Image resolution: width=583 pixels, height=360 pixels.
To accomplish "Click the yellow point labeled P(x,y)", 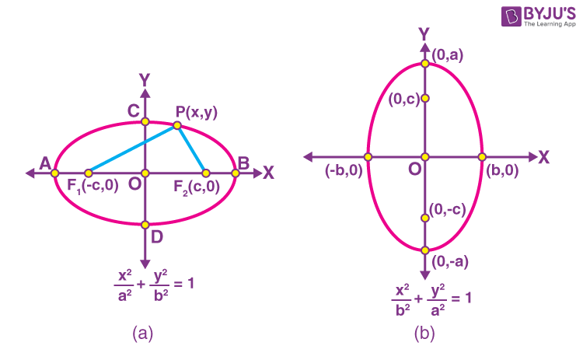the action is (x=177, y=125).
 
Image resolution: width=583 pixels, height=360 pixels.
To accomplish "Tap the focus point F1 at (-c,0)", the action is (x=89, y=173).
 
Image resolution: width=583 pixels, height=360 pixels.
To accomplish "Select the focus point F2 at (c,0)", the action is (x=206, y=173).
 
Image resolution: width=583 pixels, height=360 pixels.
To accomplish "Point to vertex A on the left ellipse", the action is (x=55, y=173).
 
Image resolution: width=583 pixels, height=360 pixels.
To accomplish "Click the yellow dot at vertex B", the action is (x=235, y=173).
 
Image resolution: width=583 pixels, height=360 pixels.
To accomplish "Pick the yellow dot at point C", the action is (x=145, y=121).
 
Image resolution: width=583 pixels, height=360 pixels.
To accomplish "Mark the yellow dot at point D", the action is (x=145, y=225).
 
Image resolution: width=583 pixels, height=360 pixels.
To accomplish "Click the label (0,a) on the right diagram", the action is (x=447, y=55).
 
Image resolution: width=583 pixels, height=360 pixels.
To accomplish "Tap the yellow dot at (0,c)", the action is (x=425, y=98).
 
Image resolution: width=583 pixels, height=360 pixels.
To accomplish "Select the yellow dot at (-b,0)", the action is (x=368, y=157).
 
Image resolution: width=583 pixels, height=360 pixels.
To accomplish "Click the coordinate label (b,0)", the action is (x=502, y=170).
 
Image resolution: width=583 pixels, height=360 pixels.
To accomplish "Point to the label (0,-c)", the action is (x=447, y=209).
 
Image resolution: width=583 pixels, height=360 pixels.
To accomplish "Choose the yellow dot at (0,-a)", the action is (x=425, y=250).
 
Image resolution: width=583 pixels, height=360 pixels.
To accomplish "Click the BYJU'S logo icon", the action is (x=511, y=16).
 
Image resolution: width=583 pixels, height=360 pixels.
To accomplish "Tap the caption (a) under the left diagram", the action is (x=143, y=334).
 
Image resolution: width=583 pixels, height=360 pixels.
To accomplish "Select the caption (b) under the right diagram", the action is (x=424, y=334).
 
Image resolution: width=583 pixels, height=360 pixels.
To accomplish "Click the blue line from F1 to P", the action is (x=133, y=149).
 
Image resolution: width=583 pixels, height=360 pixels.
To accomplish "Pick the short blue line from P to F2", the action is (x=191, y=149).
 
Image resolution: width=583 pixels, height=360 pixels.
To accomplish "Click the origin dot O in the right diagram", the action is (x=425, y=157).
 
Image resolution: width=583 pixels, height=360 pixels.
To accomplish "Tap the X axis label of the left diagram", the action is (x=268, y=173).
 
